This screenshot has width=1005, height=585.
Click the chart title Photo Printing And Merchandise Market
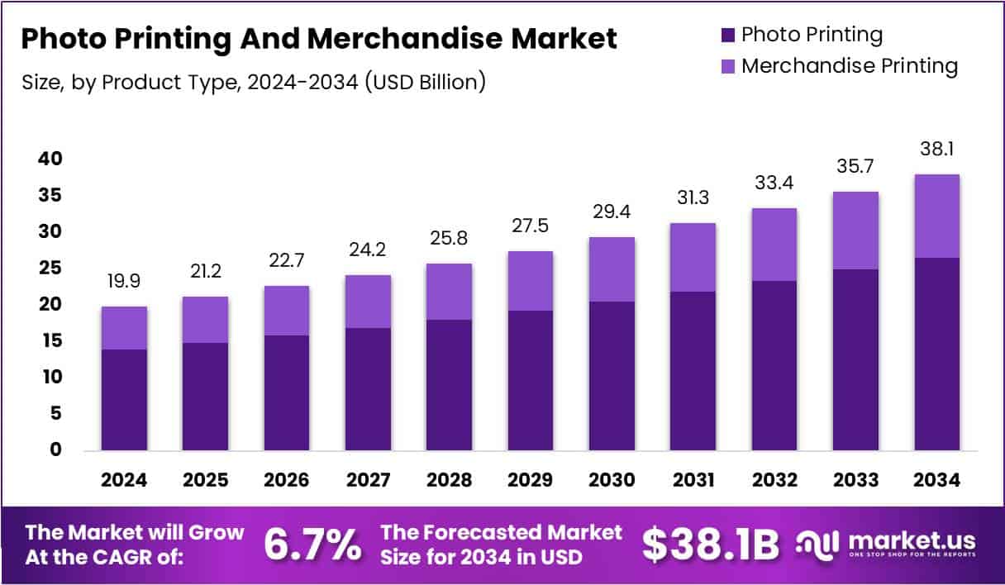coord(319,39)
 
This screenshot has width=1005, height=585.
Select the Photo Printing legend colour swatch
coord(727,36)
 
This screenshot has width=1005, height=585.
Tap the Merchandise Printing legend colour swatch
coord(727,67)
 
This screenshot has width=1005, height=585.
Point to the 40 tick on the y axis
coord(50,159)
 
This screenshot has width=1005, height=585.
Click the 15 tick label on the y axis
coord(50,340)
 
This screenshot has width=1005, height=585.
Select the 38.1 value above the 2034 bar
coord(936,150)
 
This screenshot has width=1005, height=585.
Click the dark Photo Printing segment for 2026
coord(286,392)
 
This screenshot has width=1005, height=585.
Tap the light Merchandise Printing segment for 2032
coord(774,245)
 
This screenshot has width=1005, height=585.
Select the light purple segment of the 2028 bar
coord(449,292)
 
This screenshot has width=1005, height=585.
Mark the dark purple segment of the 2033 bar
coord(855,359)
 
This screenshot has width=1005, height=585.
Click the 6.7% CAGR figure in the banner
coord(312,545)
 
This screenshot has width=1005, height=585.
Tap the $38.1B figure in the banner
coord(711,545)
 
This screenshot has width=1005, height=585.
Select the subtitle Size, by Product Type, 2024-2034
coord(253,82)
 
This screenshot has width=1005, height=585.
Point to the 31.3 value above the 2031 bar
coord(693,198)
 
